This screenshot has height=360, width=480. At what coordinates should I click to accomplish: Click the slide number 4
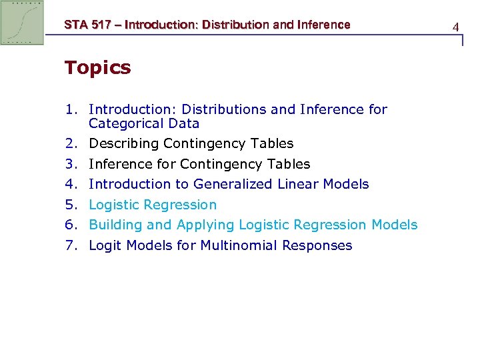pos(456,27)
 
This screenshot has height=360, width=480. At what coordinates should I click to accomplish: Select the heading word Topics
pos(97,67)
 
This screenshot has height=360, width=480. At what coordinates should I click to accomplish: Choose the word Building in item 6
pos(114,225)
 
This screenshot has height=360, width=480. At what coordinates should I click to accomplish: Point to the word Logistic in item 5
pos(114,205)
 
